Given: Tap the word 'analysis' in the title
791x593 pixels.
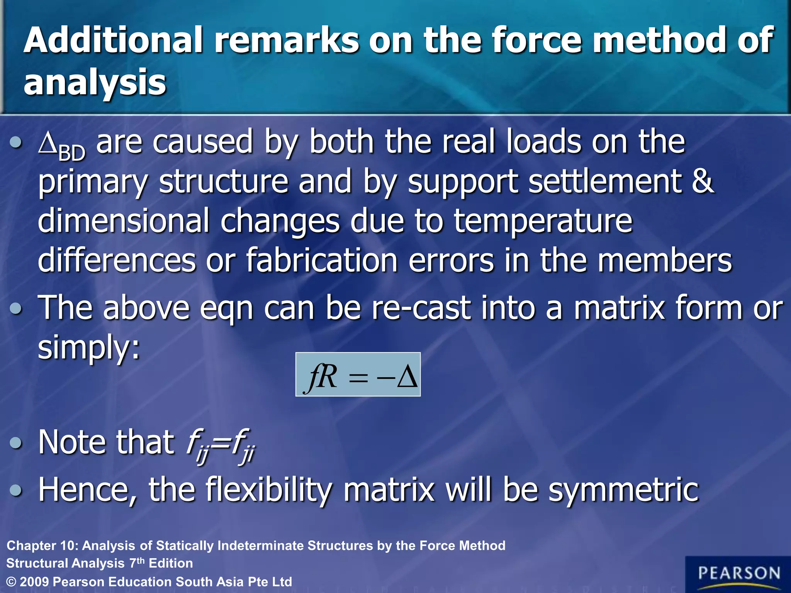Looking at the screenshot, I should [95, 82].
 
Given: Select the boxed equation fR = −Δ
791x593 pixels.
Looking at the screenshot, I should [358, 374].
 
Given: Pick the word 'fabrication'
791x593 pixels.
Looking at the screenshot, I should [322, 260].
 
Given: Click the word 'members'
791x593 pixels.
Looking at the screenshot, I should [665, 260].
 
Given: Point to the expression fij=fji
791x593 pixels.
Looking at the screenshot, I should [221, 444].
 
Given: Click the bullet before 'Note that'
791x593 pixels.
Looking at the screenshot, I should [16, 443].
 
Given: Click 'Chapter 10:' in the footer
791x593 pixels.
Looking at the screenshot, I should [42, 546].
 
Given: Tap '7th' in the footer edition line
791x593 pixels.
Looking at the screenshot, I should [137, 563].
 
